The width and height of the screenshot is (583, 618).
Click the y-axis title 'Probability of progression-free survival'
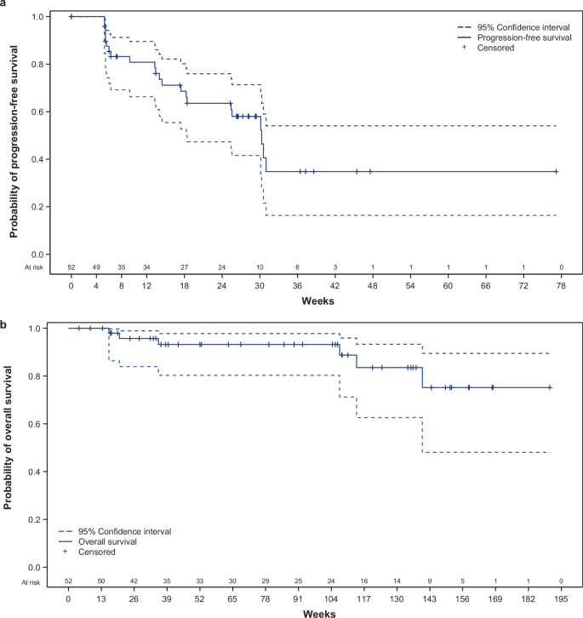click(x=13, y=136)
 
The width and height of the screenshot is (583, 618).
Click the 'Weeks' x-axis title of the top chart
click(x=316, y=301)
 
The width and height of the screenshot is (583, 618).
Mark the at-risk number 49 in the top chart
click(x=96, y=268)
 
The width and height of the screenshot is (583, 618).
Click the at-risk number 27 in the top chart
click(x=184, y=268)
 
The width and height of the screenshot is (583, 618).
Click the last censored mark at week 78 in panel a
click(x=556, y=171)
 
